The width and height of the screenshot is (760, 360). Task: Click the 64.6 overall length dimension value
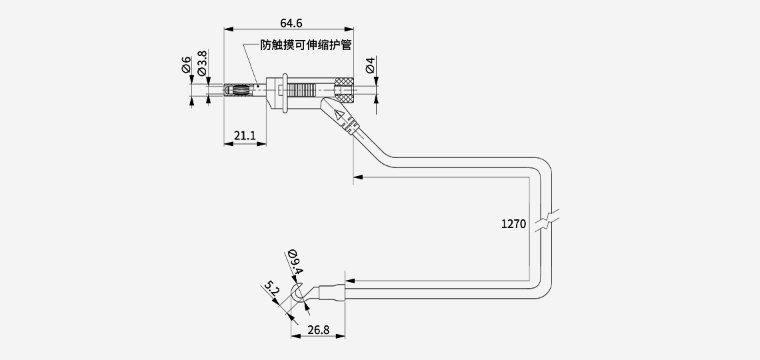coord(291,23)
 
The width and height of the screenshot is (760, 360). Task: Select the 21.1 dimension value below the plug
coord(245,136)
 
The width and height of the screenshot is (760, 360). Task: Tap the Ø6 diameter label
coord(187,65)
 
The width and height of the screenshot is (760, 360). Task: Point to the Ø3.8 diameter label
coord(203,62)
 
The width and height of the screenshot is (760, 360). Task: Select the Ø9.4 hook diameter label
coord(295,263)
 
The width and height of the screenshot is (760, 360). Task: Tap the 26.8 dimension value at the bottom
coord(319,329)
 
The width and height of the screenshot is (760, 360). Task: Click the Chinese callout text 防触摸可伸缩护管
coord(306,45)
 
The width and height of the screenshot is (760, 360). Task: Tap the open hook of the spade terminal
coord(299,295)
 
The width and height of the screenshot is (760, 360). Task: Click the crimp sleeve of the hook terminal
coord(332,292)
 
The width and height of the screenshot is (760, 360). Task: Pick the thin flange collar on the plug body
coord(285,92)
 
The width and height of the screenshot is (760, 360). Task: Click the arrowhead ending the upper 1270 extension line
coord(356,177)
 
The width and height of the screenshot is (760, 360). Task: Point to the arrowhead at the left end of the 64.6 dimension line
coord(227,29)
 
